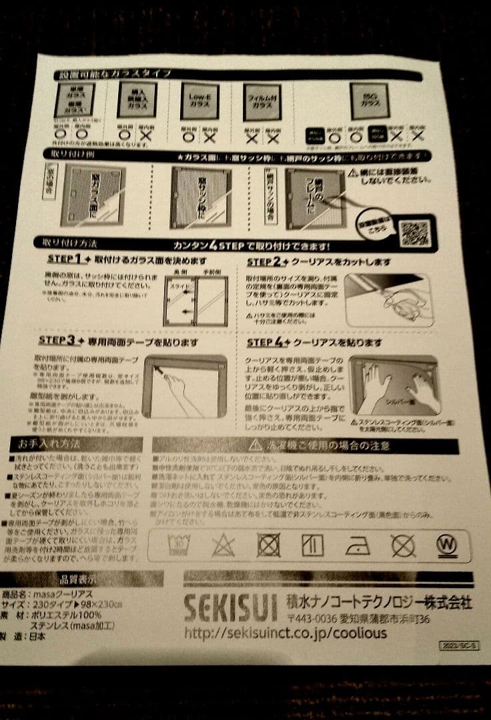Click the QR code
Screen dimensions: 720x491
coord(414,233)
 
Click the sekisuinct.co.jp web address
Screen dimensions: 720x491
coord(286,632)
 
